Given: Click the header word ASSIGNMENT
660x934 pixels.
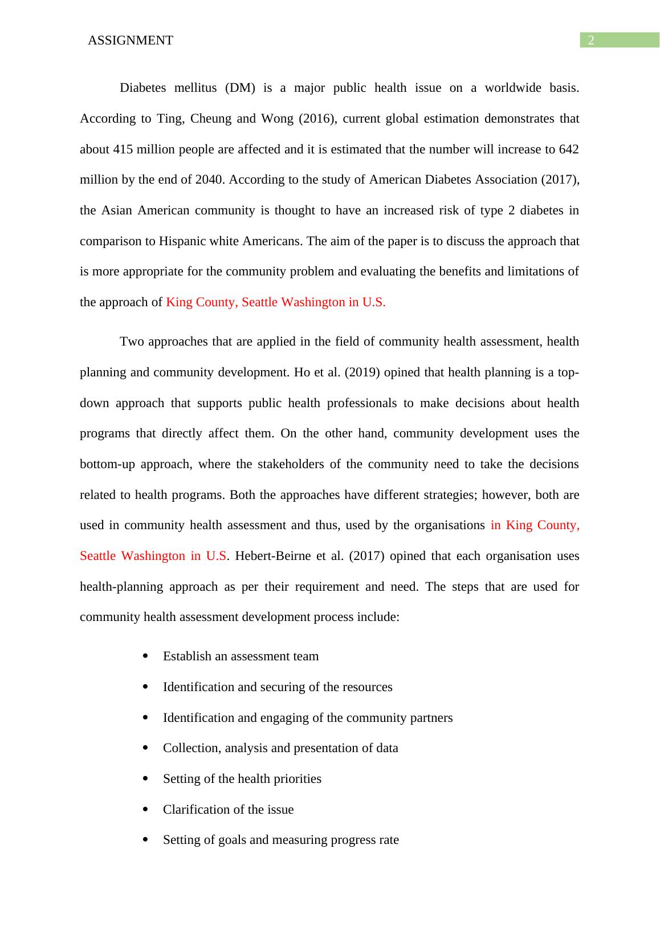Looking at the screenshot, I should pos(131,40).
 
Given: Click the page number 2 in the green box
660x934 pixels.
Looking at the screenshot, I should pos(591,40).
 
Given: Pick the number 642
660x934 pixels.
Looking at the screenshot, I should pos(569,149).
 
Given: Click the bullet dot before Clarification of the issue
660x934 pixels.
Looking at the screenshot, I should pos(146,810).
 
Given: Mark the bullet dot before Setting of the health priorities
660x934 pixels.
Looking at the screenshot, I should pos(146,779).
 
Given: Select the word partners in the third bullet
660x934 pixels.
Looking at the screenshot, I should pos(431,718).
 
